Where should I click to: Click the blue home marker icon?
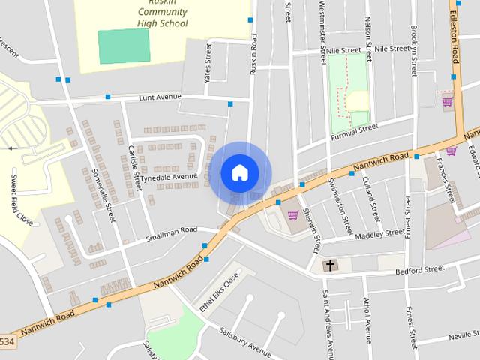coord(239,172)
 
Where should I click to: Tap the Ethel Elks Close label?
coord(218,290)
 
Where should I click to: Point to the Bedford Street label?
coord(420,269)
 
